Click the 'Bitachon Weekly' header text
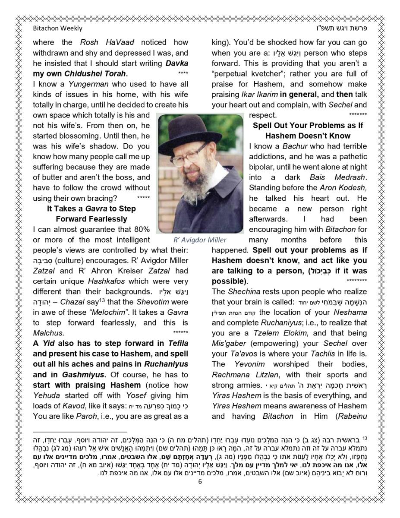click(x=57, y=28)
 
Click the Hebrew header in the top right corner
click(x=341, y=28)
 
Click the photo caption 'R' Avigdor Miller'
click(x=200, y=240)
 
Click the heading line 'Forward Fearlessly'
click(x=91, y=219)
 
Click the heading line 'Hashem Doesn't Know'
click(x=308, y=136)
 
